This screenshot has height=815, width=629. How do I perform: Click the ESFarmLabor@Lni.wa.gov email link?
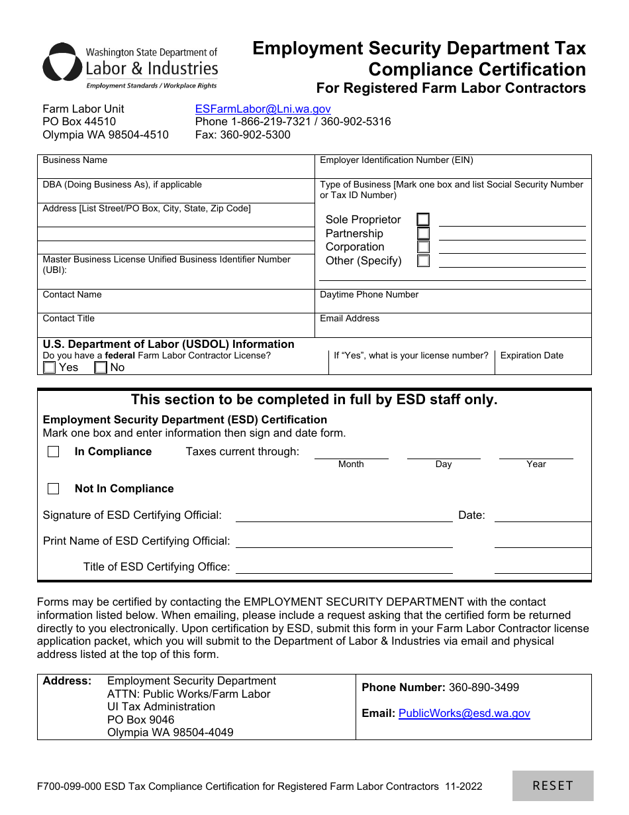click(263, 109)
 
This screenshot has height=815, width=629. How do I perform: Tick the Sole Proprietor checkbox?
click(423, 219)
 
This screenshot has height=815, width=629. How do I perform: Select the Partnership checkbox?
click(423, 233)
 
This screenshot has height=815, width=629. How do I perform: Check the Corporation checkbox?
click(423, 247)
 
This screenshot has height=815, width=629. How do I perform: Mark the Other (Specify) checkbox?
click(423, 260)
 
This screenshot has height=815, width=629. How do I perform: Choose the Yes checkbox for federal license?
click(50, 368)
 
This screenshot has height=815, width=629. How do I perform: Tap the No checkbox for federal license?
click(101, 368)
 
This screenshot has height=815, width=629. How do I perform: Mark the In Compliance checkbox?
click(54, 452)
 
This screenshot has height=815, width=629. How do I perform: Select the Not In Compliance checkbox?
click(54, 489)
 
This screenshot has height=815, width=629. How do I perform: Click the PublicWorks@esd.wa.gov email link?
click(464, 714)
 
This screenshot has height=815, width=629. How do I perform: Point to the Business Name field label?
click(75, 160)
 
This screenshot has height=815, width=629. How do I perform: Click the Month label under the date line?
click(351, 464)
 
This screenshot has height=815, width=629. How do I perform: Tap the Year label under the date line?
click(536, 464)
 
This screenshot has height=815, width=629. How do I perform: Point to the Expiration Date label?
click(532, 356)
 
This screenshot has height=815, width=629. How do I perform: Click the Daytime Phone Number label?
click(369, 295)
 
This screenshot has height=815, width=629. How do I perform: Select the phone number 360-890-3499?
click(484, 688)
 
